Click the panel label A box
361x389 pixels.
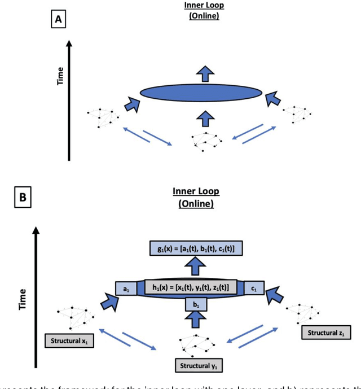[58, 20]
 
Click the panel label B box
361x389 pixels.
[23, 197]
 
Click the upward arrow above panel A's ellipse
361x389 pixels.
[204, 73]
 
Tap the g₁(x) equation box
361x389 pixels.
[196, 248]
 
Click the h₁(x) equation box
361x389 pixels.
[191, 287]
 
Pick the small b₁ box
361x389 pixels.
[196, 305]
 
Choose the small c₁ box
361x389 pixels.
[254, 289]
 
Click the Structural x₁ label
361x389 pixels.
[69, 341]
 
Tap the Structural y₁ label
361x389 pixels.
[200, 366]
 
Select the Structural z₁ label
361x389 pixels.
[326, 333]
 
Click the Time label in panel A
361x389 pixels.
[60, 76]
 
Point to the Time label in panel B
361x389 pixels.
[23, 299]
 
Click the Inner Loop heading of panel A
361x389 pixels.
[204, 6]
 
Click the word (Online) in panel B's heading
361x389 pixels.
[196, 204]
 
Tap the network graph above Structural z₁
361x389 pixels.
[304, 314]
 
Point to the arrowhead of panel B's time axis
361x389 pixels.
[37, 230]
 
